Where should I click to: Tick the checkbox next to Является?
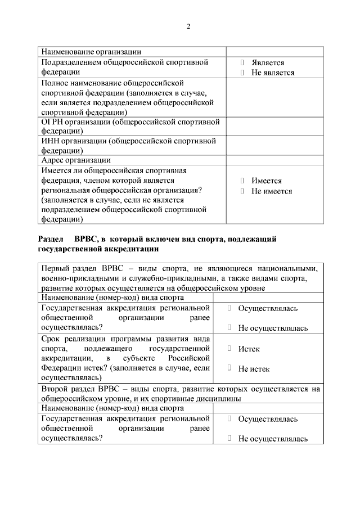(242, 63)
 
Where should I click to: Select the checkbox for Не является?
(242, 73)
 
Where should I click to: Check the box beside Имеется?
(242, 181)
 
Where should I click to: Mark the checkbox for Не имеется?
(242, 191)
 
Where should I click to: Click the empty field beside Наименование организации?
(274, 52)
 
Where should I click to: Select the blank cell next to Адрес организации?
(274, 160)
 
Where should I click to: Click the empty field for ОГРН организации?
(274, 127)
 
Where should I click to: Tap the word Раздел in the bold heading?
(51, 239)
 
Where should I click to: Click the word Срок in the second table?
(52, 339)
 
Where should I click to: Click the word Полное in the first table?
(56, 83)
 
